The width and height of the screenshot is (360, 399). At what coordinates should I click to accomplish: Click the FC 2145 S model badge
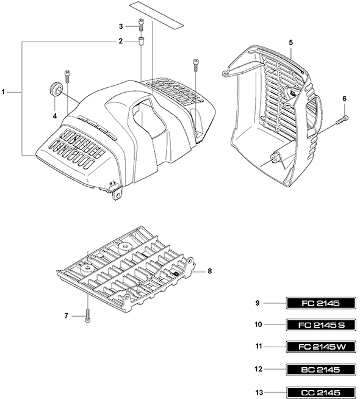tap(321, 325)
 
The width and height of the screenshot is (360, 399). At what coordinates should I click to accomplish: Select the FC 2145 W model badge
tap(321, 347)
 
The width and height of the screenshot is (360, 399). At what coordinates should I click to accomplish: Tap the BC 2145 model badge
tap(321, 369)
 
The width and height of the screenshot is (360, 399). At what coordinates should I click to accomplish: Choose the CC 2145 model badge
tap(321, 392)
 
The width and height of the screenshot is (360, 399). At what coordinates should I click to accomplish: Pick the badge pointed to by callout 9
tap(321, 303)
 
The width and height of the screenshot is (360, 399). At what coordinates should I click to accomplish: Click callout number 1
tap(3, 92)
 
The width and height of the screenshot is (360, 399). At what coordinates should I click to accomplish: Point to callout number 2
tap(121, 41)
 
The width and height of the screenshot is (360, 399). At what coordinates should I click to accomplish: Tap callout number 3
tap(121, 26)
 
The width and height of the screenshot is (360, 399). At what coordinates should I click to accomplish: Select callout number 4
tap(55, 116)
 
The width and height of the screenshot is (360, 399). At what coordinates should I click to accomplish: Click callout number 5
tap(291, 43)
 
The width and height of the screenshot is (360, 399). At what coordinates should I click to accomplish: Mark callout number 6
tap(345, 98)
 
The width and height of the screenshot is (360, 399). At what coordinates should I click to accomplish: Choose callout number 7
tap(67, 316)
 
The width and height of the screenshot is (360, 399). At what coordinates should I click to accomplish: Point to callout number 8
tap(210, 271)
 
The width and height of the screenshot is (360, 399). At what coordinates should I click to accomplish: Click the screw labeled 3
tap(141, 24)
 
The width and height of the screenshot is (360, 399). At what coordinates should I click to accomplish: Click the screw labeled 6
tap(342, 120)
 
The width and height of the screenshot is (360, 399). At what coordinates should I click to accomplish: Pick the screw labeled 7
tap(87, 315)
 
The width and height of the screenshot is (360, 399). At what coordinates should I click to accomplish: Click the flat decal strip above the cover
tap(156, 15)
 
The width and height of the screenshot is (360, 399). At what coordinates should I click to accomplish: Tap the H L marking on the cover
tap(113, 182)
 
